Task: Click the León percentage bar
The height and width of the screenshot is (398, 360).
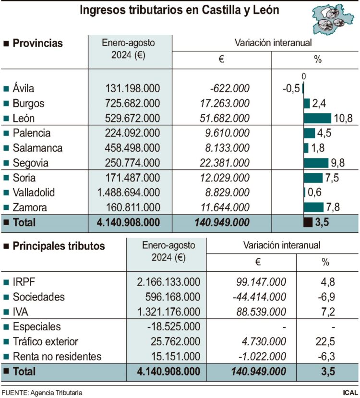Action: (x=317, y=118)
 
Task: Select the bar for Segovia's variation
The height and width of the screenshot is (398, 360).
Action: (x=316, y=163)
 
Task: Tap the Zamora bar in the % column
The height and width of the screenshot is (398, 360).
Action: (x=313, y=207)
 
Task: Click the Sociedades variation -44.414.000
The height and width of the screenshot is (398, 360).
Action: (x=259, y=297)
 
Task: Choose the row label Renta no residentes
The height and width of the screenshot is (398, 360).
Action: (x=57, y=357)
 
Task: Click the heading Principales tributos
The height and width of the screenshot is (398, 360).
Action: (x=59, y=246)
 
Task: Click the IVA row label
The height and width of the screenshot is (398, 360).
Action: (x=21, y=312)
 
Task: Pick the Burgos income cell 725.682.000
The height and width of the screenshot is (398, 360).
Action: (x=133, y=103)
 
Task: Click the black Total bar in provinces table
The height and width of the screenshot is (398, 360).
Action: (x=308, y=222)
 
